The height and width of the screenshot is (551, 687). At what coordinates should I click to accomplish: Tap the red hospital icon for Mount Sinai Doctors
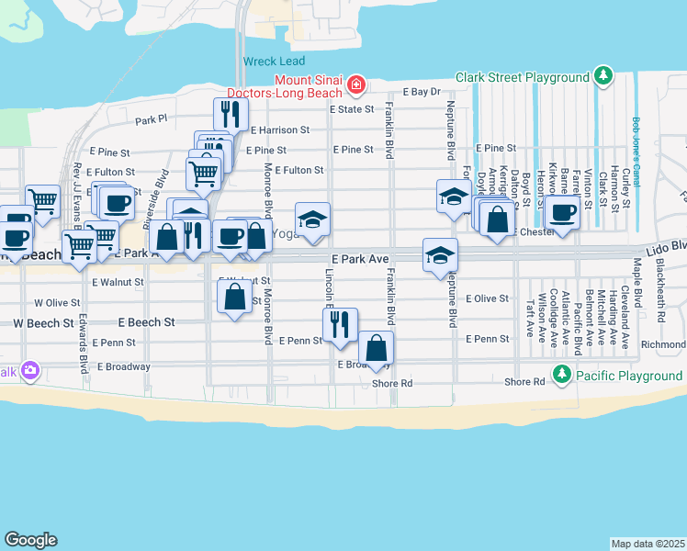pyautogui.click(x=355, y=85)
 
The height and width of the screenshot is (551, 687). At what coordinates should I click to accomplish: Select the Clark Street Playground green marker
pyautogui.click(x=603, y=75)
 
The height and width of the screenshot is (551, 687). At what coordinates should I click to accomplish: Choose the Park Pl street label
pyautogui.click(x=152, y=119)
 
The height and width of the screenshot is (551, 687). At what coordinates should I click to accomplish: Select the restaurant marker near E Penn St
pyautogui.click(x=339, y=323)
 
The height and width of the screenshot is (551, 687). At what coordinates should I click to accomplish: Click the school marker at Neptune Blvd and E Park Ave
pyautogui.click(x=440, y=254)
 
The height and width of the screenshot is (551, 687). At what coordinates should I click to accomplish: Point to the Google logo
pyautogui.click(x=30, y=540)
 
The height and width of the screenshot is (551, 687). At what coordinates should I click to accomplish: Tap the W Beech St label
pyautogui.click(x=42, y=323)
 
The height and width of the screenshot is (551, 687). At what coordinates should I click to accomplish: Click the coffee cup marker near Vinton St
pyautogui.click(x=561, y=212)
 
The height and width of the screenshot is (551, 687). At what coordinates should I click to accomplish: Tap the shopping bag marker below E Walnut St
pyautogui.click(x=234, y=296)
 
